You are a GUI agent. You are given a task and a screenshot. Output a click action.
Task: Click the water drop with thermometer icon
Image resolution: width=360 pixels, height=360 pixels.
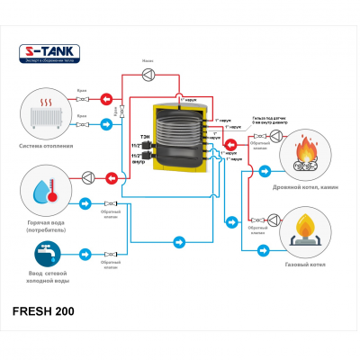click(47, 189)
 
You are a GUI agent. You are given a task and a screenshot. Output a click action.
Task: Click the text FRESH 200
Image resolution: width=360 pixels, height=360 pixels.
click(44, 311)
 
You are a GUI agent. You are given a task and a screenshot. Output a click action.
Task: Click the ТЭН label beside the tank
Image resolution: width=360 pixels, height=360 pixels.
click(144, 135)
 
